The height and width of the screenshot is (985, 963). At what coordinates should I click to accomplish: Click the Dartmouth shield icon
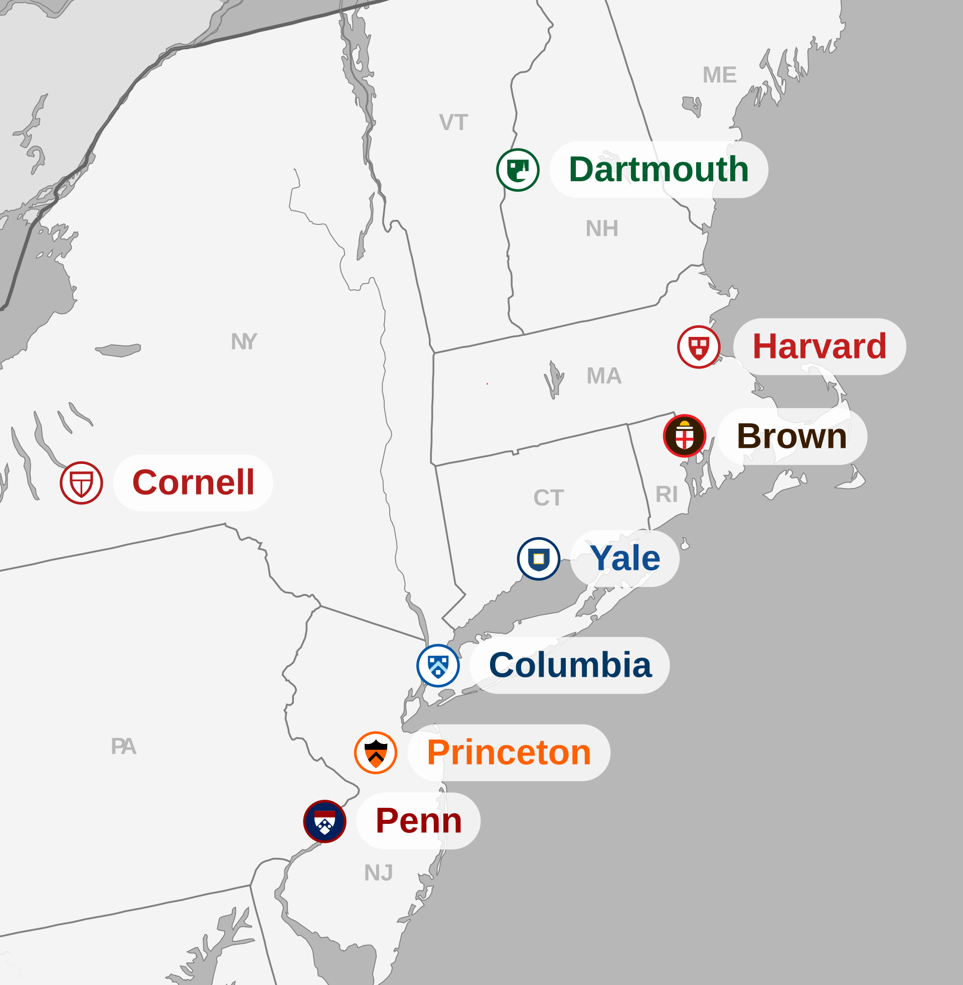point(518,170)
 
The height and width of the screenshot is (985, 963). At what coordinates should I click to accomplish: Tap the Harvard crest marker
point(699,347)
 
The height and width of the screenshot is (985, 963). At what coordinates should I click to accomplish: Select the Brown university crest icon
point(684,436)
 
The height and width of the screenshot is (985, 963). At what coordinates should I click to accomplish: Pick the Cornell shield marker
point(81,483)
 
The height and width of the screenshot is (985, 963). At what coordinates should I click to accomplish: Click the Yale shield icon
point(539,559)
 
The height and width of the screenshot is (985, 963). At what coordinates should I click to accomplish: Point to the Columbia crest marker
point(438,666)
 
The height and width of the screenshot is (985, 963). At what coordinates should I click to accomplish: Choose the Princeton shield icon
point(375,753)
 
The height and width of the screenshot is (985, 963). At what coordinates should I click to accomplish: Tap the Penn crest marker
point(325,821)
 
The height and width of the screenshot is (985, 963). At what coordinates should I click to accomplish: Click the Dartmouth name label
point(659,170)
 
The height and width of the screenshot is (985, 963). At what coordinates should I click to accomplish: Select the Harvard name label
point(820,347)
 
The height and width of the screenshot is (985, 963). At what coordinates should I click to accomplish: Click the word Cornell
point(193,482)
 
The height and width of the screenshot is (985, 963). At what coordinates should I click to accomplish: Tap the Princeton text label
point(509,753)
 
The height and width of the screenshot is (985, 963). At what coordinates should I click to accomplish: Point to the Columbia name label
point(570,665)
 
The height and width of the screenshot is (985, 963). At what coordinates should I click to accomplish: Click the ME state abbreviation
point(719,75)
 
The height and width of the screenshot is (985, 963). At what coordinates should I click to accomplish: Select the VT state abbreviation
point(453,122)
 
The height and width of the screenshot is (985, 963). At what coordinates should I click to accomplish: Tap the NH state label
point(602,229)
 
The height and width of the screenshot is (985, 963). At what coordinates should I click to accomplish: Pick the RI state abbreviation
point(666,495)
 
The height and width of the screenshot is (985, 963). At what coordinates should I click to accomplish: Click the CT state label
point(548,498)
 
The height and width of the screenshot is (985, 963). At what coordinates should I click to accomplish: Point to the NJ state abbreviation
point(378,873)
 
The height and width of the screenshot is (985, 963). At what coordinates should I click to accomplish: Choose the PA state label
point(123,747)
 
